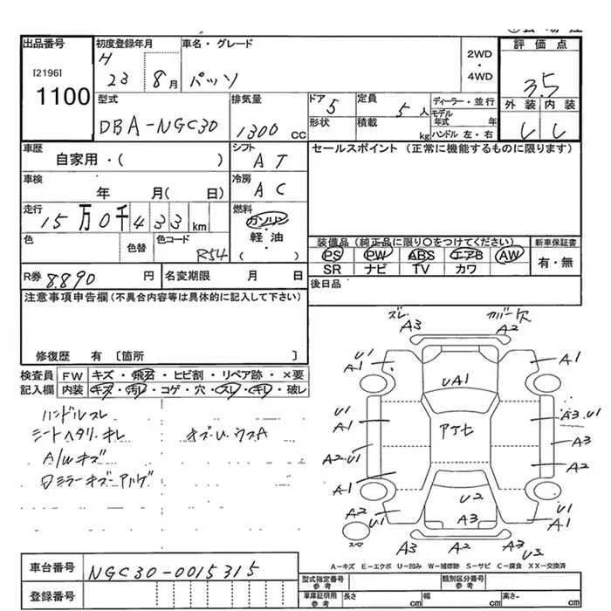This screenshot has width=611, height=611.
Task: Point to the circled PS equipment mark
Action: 333,255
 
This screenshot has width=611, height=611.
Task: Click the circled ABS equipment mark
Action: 422,255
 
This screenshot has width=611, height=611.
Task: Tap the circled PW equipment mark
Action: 377,255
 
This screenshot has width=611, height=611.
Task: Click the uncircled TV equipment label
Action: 421,270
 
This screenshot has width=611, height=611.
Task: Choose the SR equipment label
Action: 332,270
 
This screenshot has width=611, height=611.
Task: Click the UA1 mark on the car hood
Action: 457,381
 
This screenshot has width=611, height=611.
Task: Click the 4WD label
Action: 481,76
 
